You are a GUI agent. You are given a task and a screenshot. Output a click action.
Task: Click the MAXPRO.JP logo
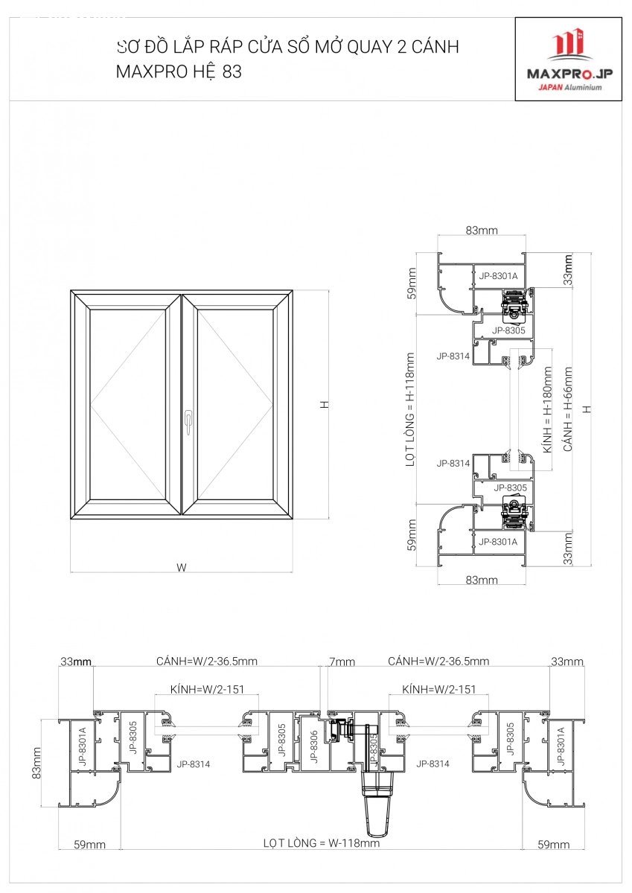(569, 60)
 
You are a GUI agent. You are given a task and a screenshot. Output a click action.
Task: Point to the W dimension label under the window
(182, 567)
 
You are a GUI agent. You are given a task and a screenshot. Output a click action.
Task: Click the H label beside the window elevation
(325, 404)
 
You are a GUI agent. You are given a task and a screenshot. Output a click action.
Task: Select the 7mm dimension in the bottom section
(342, 662)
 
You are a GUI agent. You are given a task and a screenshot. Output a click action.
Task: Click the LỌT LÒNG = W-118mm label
(322, 843)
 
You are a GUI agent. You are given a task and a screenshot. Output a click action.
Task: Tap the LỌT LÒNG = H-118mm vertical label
(410, 409)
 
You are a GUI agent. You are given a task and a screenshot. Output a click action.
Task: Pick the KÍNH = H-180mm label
(547, 410)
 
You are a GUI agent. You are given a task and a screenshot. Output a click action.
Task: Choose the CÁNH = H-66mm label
(568, 409)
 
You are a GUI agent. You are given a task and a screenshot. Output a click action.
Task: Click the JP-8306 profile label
(314, 746)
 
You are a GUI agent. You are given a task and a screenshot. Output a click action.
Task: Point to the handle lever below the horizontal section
(377, 804)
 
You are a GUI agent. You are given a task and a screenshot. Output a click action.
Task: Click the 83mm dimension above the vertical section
(482, 231)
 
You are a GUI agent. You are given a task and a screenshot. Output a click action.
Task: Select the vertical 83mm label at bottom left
(36, 763)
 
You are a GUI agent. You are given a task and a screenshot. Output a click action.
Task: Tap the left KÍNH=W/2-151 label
(207, 689)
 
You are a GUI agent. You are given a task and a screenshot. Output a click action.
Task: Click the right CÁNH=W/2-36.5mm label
(438, 662)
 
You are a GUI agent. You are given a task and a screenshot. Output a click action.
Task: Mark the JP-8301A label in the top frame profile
(498, 276)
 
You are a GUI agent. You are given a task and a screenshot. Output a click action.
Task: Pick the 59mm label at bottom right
(553, 845)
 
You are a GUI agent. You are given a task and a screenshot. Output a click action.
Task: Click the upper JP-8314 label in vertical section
(453, 356)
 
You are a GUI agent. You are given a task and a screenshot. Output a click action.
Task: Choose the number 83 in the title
(232, 71)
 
